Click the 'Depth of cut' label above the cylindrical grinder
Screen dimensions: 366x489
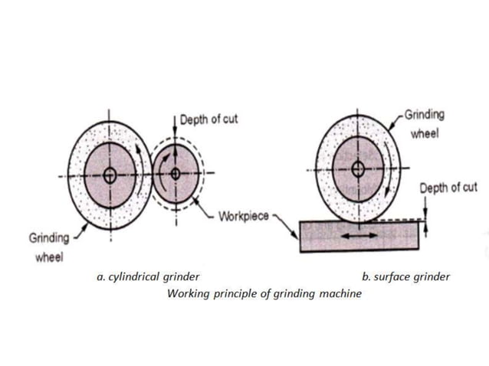pos(208,119)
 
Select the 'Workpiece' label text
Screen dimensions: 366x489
pos(243,215)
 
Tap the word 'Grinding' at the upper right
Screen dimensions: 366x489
pos(424,115)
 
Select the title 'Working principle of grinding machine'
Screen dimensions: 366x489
pos(264,294)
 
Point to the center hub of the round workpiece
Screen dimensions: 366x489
pos(176,173)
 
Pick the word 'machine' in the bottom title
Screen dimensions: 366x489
pos(338,294)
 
